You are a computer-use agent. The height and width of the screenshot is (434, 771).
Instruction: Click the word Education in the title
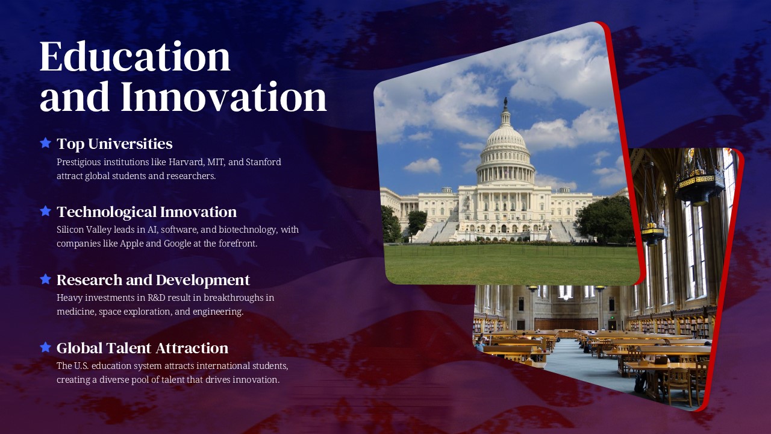pyautogui.click(x=135, y=57)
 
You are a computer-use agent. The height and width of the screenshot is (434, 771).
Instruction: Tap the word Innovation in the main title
pyautogui.click(x=223, y=97)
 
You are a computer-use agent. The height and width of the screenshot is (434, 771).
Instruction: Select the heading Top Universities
pyautogui.click(x=114, y=143)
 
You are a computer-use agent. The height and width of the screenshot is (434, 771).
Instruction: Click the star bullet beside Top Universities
pyautogui.click(x=45, y=143)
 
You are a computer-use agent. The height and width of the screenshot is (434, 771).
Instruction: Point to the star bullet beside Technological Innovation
pyautogui.click(x=45, y=211)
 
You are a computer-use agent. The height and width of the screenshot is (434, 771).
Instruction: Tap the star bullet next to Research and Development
pyautogui.click(x=45, y=279)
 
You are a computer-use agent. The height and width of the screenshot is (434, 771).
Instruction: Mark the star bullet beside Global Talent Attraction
pyautogui.click(x=45, y=347)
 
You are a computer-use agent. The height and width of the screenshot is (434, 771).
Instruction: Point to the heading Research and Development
pyautogui.click(x=153, y=280)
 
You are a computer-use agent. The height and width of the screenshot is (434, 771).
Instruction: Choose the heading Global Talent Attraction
pyautogui.click(x=142, y=348)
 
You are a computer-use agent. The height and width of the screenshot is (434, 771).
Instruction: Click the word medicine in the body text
pyautogui.click(x=75, y=312)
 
